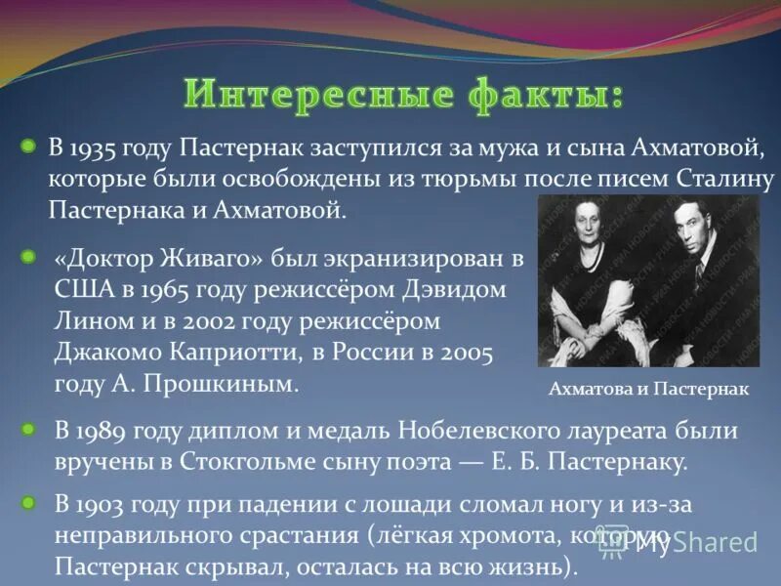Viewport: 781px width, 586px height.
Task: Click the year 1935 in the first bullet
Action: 95,148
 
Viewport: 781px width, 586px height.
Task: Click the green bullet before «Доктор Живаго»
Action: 28,257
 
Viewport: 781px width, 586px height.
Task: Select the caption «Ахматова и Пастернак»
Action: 648,390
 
